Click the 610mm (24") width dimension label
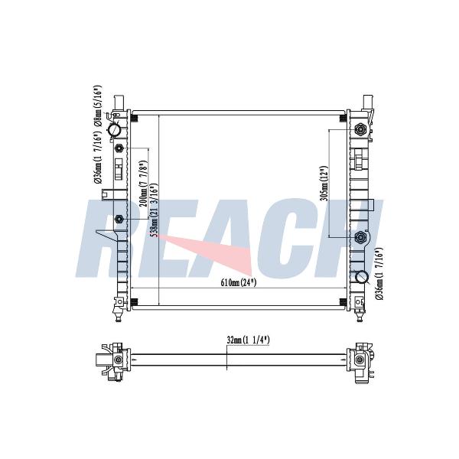click(238, 283)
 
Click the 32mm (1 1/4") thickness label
click(248, 340)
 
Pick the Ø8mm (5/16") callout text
click(98, 106)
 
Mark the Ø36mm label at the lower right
click(379, 274)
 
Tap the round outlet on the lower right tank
click(362, 277)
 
